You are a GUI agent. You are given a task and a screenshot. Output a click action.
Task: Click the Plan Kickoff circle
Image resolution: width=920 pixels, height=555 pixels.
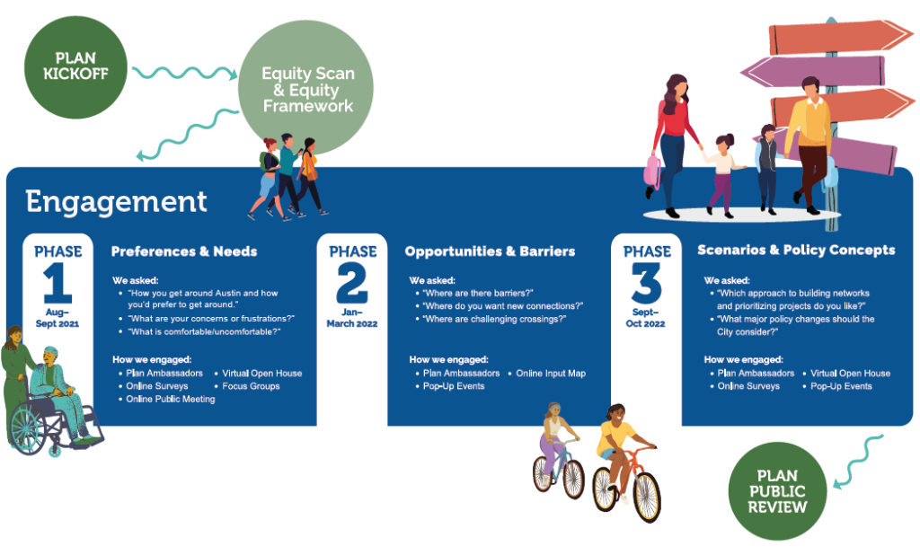click(75, 66)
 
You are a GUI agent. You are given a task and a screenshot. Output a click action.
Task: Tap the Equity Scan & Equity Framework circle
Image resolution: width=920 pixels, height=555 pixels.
click(305, 88)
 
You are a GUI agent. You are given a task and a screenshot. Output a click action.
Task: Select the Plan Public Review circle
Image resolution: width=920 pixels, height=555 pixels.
click(777, 491)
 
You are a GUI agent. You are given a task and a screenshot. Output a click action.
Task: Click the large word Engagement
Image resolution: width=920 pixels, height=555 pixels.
click(116, 202)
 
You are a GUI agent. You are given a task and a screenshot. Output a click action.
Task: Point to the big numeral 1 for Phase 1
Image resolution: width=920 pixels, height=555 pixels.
click(57, 283)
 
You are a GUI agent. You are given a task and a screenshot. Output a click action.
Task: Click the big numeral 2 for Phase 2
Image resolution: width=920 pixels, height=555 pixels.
click(352, 283)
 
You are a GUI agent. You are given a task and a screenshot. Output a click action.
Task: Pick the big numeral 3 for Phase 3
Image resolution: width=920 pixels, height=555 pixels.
click(647, 283)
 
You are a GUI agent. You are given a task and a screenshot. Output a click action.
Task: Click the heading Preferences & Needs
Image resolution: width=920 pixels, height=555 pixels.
click(184, 251)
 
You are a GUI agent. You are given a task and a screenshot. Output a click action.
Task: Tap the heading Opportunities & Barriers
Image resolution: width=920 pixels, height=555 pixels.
click(490, 251)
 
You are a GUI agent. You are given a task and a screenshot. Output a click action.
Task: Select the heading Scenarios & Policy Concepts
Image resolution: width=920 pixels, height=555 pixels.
click(796, 250)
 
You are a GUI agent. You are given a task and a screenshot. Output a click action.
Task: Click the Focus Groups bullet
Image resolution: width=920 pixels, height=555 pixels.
click(252, 386)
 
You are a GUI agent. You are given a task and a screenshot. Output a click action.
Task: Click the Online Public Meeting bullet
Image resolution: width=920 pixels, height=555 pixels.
click(171, 399)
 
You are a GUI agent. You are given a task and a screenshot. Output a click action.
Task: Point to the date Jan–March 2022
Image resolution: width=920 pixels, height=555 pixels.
click(352, 318)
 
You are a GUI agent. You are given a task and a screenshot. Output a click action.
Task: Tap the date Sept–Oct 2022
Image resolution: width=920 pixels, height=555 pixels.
click(645, 318)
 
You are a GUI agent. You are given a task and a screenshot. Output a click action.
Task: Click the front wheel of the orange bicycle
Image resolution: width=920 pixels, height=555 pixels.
click(648, 498)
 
